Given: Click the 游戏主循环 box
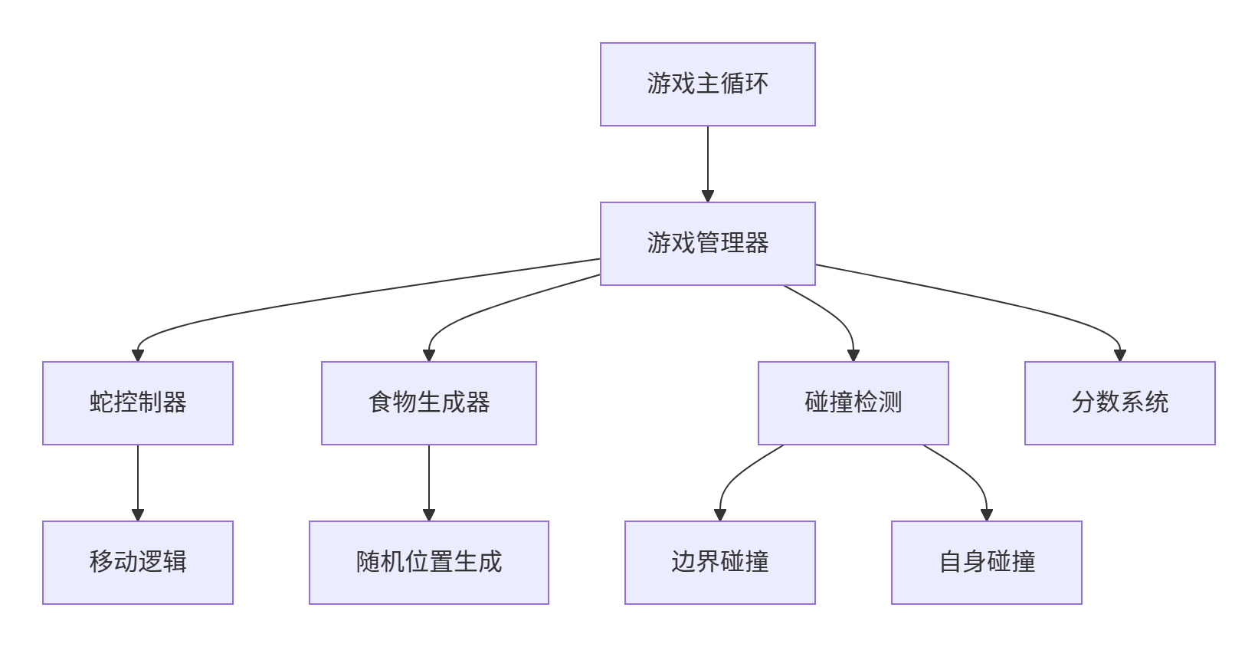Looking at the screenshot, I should click(707, 84).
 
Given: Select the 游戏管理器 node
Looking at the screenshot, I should click(707, 244).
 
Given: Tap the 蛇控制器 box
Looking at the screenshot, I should click(138, 403).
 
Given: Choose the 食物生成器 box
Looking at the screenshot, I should click(428, 403).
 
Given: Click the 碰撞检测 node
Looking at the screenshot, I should click(853, 403).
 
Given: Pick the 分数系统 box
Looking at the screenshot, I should click(1119, 403).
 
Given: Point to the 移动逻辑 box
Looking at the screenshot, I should click(138, 563).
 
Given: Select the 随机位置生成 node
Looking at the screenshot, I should click(428, 563).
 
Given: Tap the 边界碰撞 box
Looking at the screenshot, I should click(719, 563).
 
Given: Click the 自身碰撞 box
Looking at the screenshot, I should click(986, 563).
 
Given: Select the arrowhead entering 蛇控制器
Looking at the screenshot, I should click(138, 356).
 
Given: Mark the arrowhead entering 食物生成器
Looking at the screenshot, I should click(429, 356).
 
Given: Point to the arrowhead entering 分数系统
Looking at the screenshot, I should click(1120, 356).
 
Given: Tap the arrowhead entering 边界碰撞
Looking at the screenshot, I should click(720, 515).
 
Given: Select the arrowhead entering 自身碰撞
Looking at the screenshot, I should click(987, 515).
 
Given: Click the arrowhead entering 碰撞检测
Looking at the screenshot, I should click(853, 356).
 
